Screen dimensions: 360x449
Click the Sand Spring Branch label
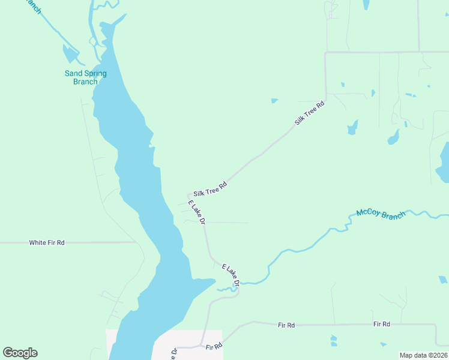tap(85, 77)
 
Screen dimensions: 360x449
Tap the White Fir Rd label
tap(47, 242)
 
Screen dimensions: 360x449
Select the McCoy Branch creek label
tap(381, 214)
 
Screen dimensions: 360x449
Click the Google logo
tap(20, 353)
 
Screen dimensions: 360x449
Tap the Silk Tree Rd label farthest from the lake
tap(310, 113)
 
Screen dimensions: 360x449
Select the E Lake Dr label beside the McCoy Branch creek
tap(231, 275)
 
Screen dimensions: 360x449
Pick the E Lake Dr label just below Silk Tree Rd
tap(197, 213)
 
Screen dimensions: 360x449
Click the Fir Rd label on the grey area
tap(214, 347)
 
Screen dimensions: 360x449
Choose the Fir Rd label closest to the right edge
tap(381, 324)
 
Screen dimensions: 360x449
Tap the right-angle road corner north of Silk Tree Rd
tap(325, 53)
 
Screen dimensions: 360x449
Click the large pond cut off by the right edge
tap(444, 163)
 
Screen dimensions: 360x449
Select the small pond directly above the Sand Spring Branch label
tap(70, 55)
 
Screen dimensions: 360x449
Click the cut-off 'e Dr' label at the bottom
tap(173, 353)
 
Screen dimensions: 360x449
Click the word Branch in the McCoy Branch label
tap(393, 214)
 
